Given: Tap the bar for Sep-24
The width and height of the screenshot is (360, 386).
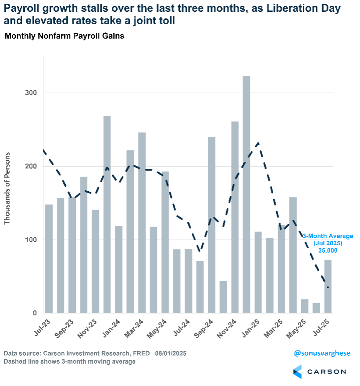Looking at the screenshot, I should [x=211, y=225].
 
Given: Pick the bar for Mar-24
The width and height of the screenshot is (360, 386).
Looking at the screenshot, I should [x=142, y=222].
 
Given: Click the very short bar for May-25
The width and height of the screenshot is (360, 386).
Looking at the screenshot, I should [x=304, y=306].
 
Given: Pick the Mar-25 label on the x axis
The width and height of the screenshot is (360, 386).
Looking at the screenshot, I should [x=275, y=329].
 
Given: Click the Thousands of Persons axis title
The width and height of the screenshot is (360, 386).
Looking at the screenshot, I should [x=7, y=184].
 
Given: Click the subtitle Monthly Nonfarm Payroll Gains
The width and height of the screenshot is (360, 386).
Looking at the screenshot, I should [x=64, y=36].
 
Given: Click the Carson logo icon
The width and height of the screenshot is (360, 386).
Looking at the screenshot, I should [x=297, y=372].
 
